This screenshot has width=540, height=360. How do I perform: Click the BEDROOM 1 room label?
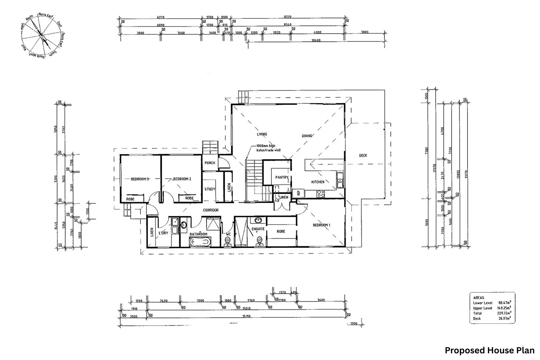[321, 225]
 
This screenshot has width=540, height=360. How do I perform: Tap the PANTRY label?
[281, 178]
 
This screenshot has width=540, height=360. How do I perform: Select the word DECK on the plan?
[363, 156]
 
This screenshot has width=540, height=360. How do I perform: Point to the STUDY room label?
[210, 189]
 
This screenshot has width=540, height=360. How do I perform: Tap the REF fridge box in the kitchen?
[298, 193]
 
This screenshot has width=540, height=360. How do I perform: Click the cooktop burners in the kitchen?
[320, 193]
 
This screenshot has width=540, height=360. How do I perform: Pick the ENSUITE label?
[258, 229]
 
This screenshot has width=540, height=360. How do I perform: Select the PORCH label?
[210, 163]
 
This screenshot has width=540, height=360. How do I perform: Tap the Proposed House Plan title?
[489, 351]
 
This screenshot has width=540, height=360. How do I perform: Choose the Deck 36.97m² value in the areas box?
[504, 319]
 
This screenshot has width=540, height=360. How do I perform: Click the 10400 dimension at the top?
[316, 40]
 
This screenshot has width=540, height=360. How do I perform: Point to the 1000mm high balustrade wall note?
[268, 148]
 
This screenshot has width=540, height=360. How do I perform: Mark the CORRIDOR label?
[211, 210]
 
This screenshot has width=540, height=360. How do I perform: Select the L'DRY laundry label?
[163, 233]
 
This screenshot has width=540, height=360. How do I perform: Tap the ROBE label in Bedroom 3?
[130, 199]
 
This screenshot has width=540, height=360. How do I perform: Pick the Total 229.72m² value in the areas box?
[504, 313]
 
